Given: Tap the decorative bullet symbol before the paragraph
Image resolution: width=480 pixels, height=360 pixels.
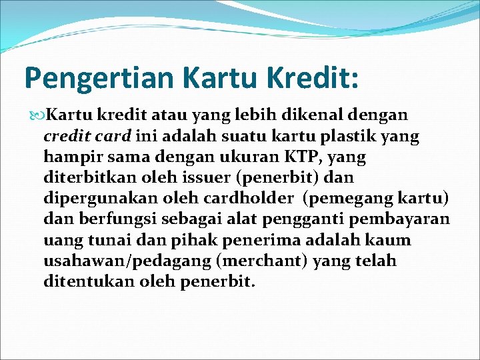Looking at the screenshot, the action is pyautogui.click(x=37, y=116).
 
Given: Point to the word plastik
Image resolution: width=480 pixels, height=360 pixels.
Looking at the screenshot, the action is pyautogui.click(x=348, y=137).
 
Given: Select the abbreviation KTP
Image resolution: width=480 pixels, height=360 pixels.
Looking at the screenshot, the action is pyautogui.click(x=301, y=157).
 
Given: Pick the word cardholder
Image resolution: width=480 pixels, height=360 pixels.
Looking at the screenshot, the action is pyautogui.click(x=248, y=198).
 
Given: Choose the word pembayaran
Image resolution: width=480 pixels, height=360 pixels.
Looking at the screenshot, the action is pyautogui.click(x=399, y=220).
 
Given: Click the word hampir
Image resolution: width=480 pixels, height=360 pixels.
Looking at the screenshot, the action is pyautogui.click(x=73, y=157).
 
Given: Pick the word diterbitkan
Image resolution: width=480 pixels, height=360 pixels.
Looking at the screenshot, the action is pyautogui.click(x=90, y=177).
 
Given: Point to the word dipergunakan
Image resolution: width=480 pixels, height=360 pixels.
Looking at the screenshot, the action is pyautogui.click(x=101, y=199).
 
